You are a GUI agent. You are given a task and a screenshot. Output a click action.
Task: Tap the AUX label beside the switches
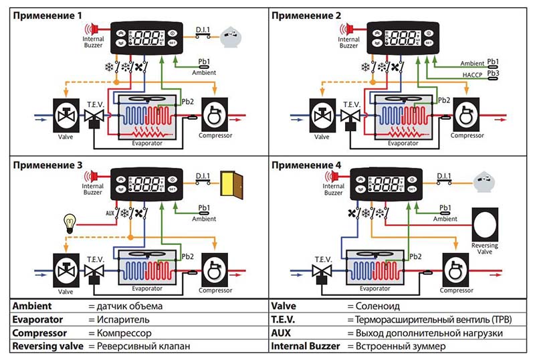[110, 213]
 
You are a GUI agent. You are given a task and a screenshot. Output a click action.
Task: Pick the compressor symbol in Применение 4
[457, 268]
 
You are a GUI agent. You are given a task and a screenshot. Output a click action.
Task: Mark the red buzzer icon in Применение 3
[94, 177]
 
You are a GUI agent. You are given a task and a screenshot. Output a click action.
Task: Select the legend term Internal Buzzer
[305, 346]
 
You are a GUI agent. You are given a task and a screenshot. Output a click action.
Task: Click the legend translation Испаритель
[122, 320]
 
